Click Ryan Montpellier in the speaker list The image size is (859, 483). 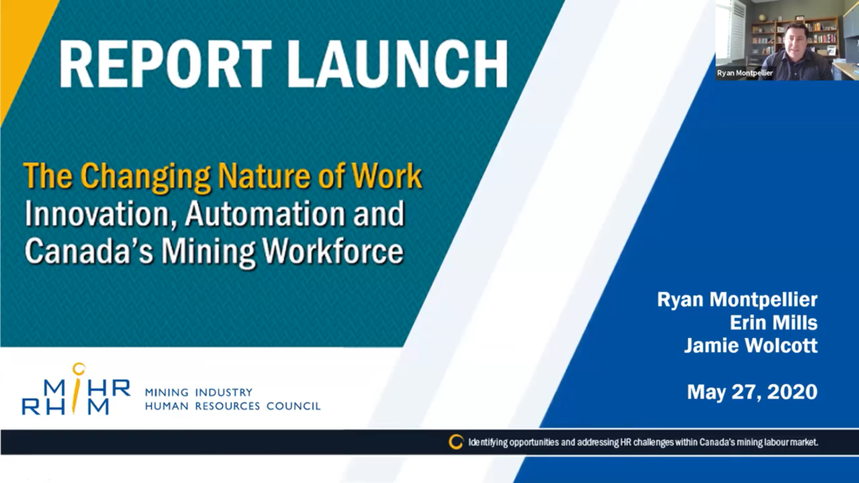[737, 300]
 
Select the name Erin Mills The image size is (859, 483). [774, 323]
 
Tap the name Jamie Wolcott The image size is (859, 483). [752, 345]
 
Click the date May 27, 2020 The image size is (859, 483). [752, 392]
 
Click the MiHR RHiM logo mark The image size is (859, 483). [75, 390]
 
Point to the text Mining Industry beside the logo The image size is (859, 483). [199, 392]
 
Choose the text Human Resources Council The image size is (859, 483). [232, 406]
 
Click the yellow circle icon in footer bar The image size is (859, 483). [456, 441]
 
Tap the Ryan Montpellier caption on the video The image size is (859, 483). [745, 73]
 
